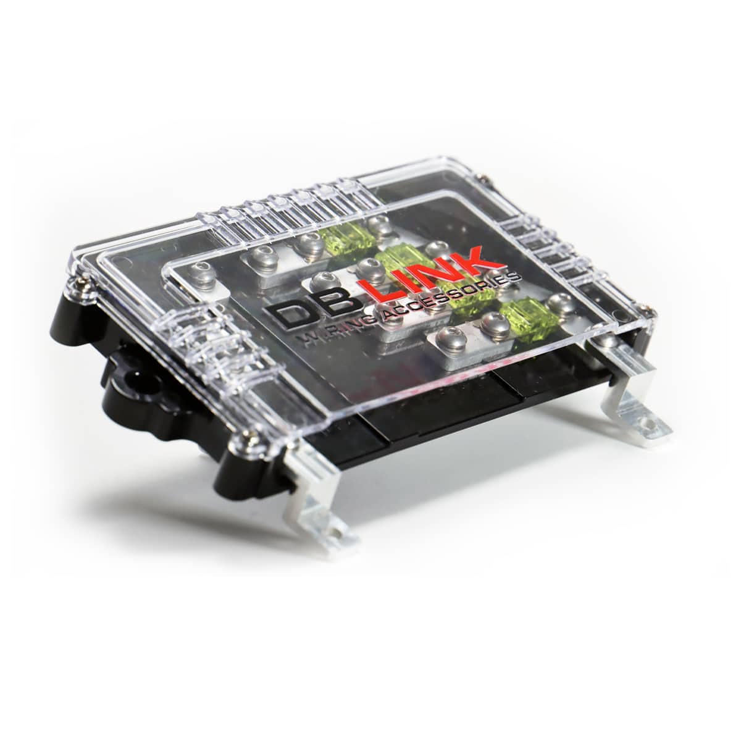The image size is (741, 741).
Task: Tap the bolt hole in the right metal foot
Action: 649,424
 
